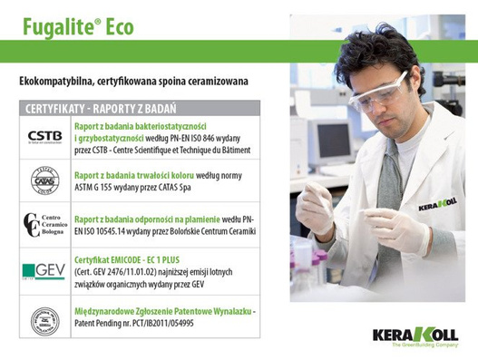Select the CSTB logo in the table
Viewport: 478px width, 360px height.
44,137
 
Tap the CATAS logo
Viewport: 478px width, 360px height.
44,180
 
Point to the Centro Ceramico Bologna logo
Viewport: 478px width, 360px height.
44,224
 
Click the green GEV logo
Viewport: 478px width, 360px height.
44,271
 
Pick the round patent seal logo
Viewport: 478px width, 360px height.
44,317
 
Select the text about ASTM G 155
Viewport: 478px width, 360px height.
163,180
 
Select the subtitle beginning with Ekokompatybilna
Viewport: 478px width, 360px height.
133,82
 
